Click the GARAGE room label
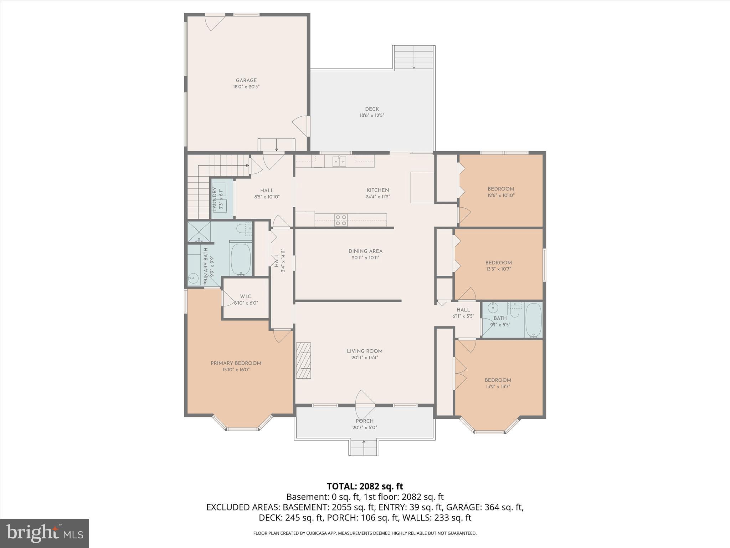(x=246, y=81)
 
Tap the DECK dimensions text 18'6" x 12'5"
(x=372, y=116)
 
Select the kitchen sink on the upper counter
(x=339, y=162)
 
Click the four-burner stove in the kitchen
(x=341, y=220)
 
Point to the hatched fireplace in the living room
(x=303, y=360)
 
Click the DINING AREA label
(x=365, y=251)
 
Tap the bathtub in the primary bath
(x=241, y=259)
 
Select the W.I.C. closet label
(x=246, y=296)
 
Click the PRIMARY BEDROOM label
(x=236, y=363)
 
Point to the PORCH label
(x=364, y=421)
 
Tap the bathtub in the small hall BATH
(x=533, y=320)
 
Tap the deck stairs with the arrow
(x=414, y=58)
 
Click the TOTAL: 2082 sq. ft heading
(x=365, y=486)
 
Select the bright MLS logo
(x=45, y=533)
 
